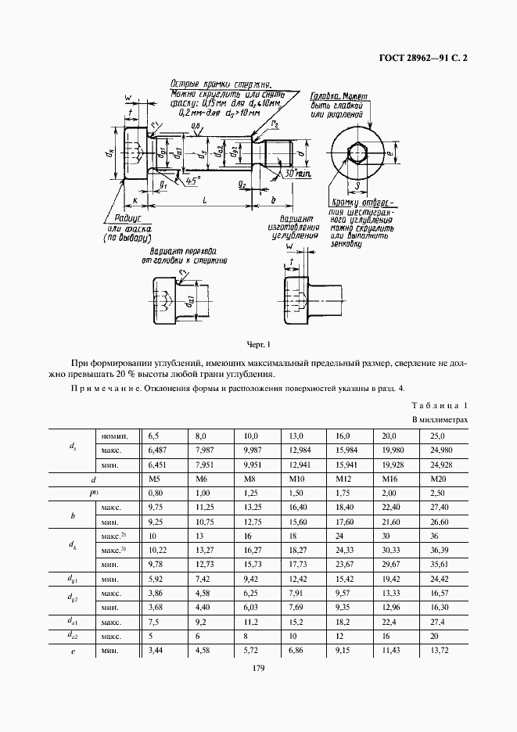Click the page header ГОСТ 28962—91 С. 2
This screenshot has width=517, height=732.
pos(418,57)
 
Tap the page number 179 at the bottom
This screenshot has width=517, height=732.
pos(258,668)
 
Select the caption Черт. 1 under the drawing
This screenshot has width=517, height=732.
pos(257,344)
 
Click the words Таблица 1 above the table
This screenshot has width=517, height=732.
pos(439,406)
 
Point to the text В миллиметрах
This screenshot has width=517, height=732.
pos(440,421)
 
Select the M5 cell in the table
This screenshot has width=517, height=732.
pos(154,479)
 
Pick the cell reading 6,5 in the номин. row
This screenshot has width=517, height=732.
pos(153,435)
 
